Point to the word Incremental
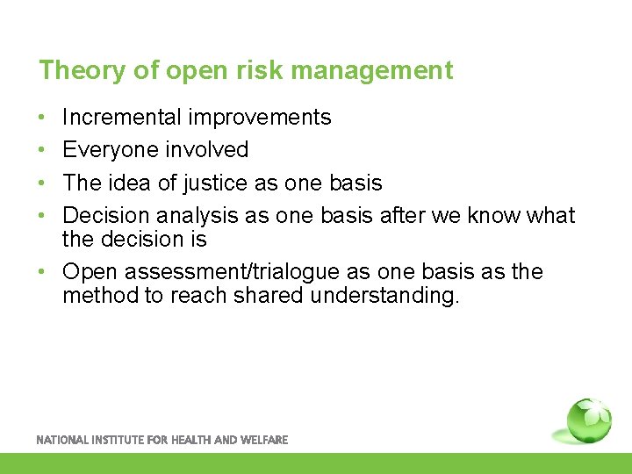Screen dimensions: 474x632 click(x=123, y=117)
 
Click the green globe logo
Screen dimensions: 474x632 click(x=588, y=420)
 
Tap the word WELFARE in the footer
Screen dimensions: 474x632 click(x=263, y=440)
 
